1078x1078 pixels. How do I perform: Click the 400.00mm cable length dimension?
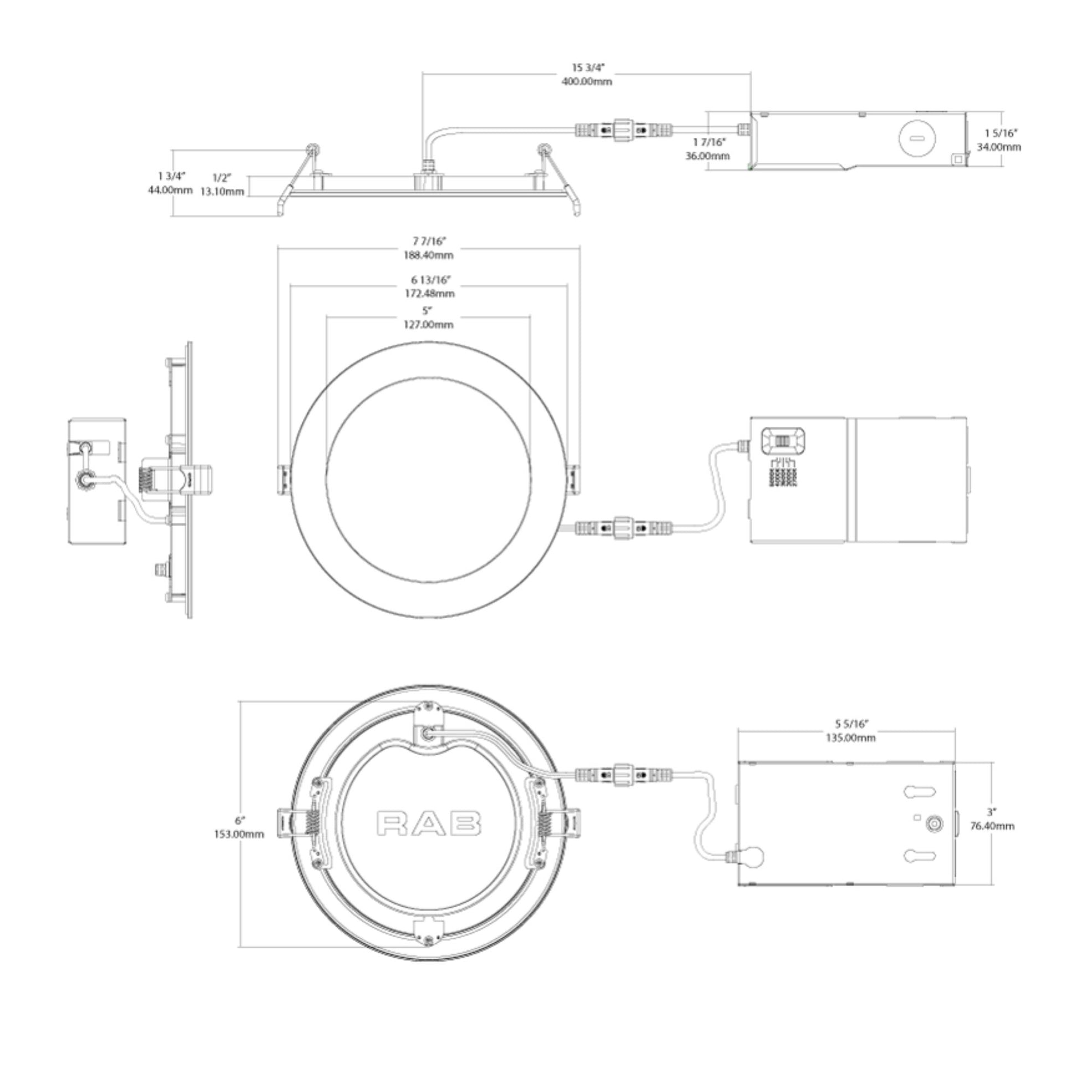click(587, 81)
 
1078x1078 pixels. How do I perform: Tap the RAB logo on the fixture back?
click(429, 824)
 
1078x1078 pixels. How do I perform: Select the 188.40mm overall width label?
click(429, 255)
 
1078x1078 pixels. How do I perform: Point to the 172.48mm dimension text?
click(429, 294)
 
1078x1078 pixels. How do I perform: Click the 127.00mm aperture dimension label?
click(428, 325)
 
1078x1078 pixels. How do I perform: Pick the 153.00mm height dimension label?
click(239, 834)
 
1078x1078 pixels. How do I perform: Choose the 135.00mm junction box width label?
click(851, 738)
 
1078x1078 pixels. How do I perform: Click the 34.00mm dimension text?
click(999, 147)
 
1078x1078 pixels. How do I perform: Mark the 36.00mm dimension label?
click(707, 156)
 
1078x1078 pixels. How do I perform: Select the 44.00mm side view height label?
click(170, 190)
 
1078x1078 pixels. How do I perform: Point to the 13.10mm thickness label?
click(222, 192)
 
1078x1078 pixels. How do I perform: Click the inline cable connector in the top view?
click(623, 130)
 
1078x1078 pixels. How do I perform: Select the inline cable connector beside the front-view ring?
click(623, 527)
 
